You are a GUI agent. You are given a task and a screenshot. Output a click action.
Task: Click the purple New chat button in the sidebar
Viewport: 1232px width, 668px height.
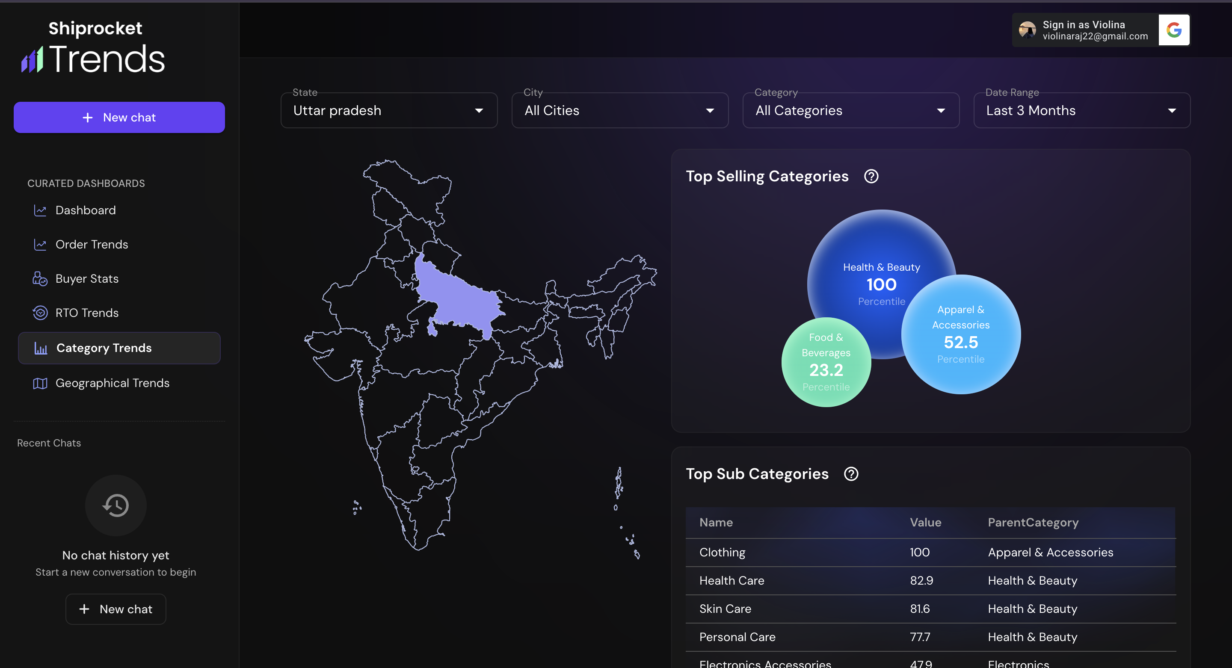pyautogui.click(x=119, y=117)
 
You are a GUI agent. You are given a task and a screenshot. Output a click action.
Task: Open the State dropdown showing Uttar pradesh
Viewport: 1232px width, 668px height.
pyautogui.click(x=388, y=110)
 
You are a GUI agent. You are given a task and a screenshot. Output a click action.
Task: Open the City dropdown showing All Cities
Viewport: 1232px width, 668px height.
pyautogui.click(x=619, y=110)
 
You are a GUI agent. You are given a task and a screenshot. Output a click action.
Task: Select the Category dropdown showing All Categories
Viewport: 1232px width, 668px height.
pyautogui.click(x=850, y=110)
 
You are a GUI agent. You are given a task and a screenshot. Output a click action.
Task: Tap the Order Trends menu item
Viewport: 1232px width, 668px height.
pyautogui.click(x=92, y=244)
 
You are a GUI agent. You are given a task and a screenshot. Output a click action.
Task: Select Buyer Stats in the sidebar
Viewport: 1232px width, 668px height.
pyautogui.click(x=86, y=279)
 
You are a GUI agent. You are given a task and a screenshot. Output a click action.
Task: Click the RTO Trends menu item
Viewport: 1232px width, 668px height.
pyautogui.click(x=86, y=313)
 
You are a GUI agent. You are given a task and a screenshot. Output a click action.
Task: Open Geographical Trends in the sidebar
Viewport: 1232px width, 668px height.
pyautogui.click(x=112, y=383)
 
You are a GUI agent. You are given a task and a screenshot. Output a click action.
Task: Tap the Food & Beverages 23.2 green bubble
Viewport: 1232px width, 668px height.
pyautogui.click(x=826, y=363)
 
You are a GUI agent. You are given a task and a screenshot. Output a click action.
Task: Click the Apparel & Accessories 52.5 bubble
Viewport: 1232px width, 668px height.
pyautogui.click(x=960, y=335)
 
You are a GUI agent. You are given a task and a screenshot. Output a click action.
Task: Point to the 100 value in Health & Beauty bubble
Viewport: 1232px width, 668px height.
pyautogui.click(x=881, y=285)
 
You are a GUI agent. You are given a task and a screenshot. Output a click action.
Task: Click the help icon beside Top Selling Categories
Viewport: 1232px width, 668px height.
pyautogui.click(x=871, y=177)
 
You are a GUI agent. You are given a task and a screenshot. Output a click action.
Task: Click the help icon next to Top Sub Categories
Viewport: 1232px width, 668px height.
pyautogui.click(x=851, y=474)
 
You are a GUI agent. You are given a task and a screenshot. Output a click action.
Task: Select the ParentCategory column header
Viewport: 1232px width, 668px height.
pyautogui.click(x=1033, y=523)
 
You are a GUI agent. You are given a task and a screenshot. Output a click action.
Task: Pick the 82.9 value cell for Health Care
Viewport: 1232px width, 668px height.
pyautogui.click(x=921, y=580)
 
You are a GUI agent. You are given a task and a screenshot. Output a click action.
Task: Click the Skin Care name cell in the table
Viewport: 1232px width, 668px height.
pyautogui.click(x=725, y=609)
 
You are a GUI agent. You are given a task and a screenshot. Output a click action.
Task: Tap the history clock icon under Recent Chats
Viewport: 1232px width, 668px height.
pyautogui.click(x=116, y=505)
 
